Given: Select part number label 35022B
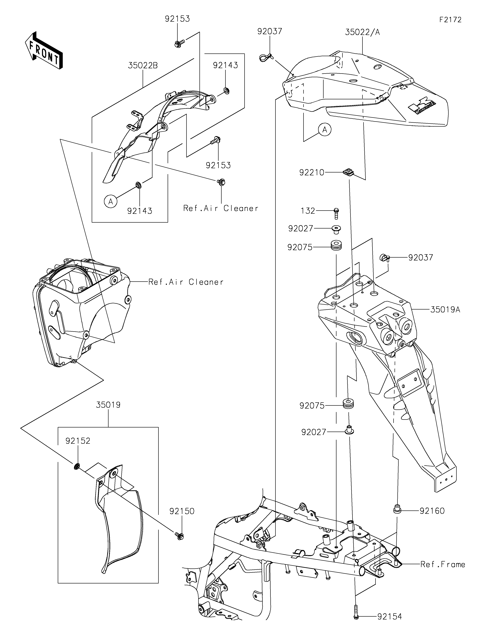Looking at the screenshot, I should click(x=143, y=66).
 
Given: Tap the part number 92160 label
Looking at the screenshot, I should click(x=432, y=510).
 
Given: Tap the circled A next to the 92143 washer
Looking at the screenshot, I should click(x=111, y=202).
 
